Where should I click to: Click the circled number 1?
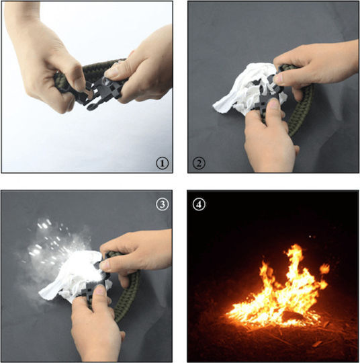click(162, 163)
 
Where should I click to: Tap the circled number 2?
click(199, 163)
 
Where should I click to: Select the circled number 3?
click(162, 204)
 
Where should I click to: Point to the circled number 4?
click(199, 204)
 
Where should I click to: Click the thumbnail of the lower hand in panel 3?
click(99, 290)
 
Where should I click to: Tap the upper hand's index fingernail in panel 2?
click(279, 79)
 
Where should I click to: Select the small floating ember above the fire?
click(310, 237)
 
